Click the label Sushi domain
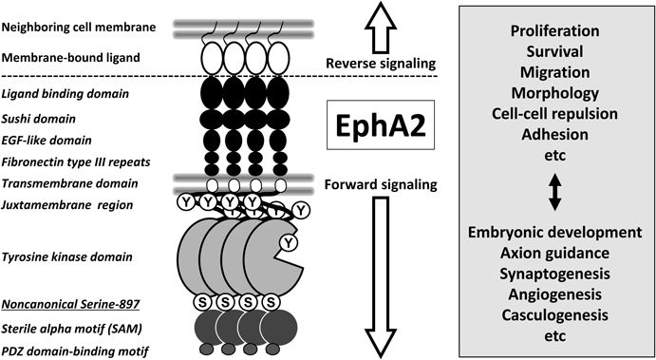point(39,119)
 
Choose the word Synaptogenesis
point(552,274)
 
